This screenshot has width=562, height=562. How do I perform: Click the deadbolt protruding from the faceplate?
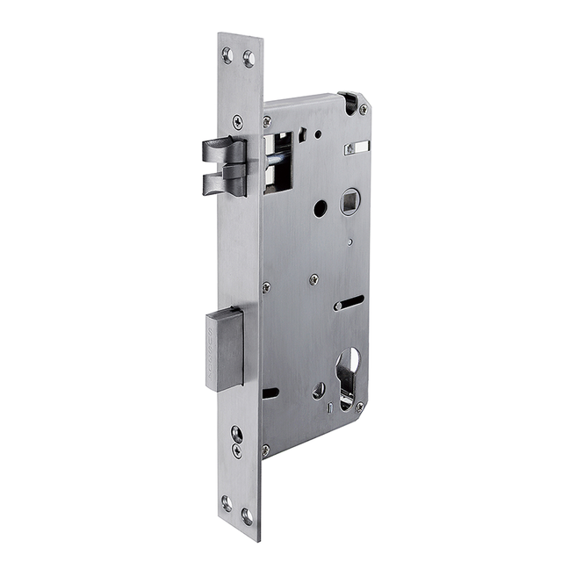click(224, 348)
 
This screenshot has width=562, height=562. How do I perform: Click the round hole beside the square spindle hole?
click(320, 208)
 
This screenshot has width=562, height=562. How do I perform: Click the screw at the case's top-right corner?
click(363, 109)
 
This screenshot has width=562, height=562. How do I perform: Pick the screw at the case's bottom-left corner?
click(266, 450)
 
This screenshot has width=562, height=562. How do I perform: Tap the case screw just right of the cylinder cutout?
click(359, 407)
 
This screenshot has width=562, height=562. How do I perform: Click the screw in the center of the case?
click(313, 279)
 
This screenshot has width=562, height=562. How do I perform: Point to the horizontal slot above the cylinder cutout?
click(349, 304)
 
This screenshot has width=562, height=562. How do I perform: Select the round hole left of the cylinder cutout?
click(318, 391)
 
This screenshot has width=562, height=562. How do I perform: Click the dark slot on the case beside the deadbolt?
click(270, 393)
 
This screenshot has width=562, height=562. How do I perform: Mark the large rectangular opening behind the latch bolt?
click(280, 162)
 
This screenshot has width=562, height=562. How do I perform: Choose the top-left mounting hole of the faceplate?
click(227, 55)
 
